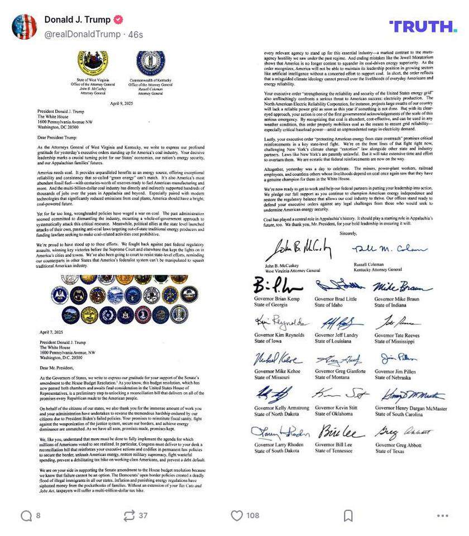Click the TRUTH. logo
(x=430, y=26)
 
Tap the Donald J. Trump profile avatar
(x=24, y=26)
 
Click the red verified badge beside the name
(x=118, y=20)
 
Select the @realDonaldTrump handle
(x=82, y=35)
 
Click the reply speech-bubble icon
(x=26, y=515)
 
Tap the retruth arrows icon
(x=130, y=515)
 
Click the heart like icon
(x=237, y=515)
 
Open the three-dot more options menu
(x=443, y=515)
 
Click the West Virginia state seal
(x=93, y=63)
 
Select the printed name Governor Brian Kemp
(x=277, y=299)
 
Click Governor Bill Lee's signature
(x=341, y=432)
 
